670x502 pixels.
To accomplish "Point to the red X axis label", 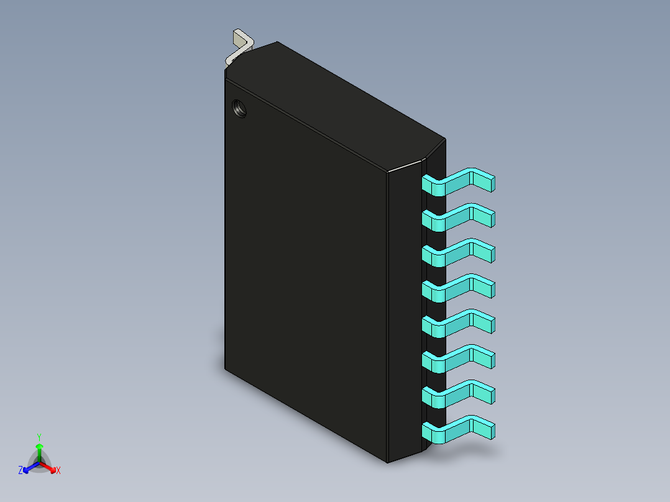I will (x=58, y=471).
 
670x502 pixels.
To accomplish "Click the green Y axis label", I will (x=39, y=437).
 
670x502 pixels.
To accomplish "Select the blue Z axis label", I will (x=21, y=471).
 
